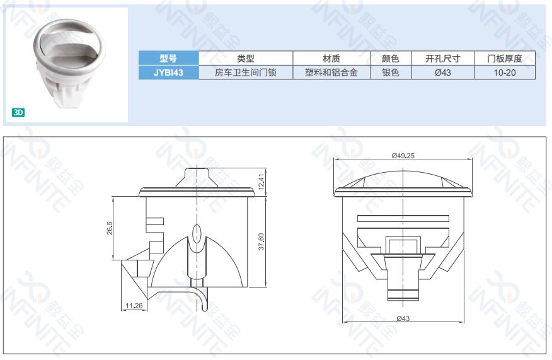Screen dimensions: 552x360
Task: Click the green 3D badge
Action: coord(18,112)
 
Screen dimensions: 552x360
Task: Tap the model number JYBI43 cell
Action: coord(169,73)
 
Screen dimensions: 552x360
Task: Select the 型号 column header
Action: coord(169,58)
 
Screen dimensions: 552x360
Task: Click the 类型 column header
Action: coord(246,58)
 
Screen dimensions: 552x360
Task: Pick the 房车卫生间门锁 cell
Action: coord(246,73)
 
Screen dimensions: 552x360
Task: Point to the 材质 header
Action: coord(331,58)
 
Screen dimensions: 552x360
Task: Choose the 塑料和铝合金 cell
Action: coord(331,73)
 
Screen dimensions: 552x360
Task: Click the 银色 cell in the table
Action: coord(391,73)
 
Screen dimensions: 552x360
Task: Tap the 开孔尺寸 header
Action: coord(443,58)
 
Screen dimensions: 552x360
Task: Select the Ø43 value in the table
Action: coord(443,73)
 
